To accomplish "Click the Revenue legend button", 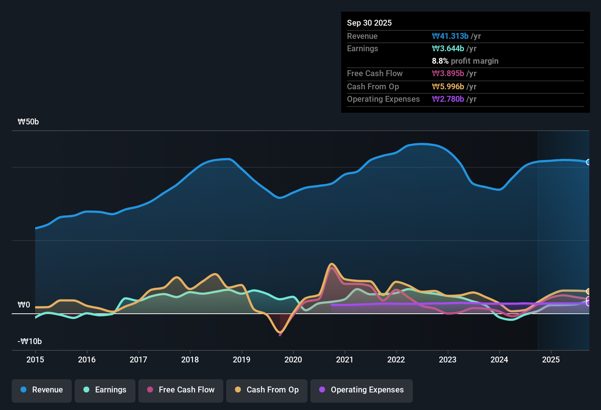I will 42,390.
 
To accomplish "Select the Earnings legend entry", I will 105,390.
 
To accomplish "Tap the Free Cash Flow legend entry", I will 181,390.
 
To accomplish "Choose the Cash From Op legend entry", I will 267,390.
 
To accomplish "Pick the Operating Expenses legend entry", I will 362,390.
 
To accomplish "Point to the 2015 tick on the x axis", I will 35,359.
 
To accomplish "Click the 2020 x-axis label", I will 293,359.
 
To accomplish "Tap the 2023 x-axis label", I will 448,359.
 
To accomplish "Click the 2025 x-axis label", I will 551,359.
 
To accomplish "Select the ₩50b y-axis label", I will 28,122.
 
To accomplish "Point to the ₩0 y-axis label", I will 24,305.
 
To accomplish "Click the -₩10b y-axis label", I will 30,342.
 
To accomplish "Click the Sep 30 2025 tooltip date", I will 369,23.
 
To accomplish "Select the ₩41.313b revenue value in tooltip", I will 450,36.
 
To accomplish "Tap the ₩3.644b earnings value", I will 448,48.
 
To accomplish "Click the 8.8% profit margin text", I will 465,61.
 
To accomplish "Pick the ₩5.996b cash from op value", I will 448,86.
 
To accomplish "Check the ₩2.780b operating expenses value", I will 448,99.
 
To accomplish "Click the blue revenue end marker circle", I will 589,162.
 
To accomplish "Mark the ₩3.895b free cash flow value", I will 448,73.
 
